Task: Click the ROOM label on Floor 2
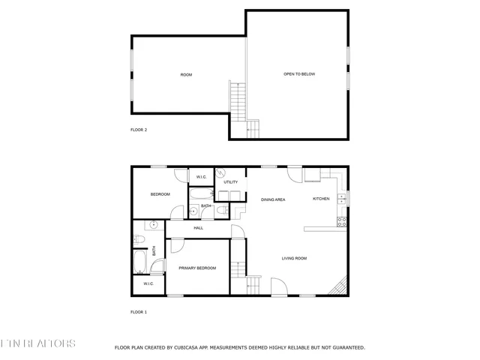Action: click(x=187, y=74)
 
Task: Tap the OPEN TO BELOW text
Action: click(x=298, y=74)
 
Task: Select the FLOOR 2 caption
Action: click(x=139, y=130)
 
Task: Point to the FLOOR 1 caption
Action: click(x=139, y=311)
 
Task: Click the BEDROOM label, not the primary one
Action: click(x=160, y=194)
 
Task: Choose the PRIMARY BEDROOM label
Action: click(x=197, y=268)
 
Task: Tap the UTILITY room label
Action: click(x=231, y=182)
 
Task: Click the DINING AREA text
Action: click(x=273, y=199)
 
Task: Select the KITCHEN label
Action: click(x=321, y=199)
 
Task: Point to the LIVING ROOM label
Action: click(x=294, y=259)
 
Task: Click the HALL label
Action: click(x=199, y=228)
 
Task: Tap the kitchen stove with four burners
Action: click(x=342, y=221)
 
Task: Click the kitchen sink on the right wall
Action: click(x=342, y=198)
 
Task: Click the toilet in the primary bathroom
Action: click(x=139, y=239)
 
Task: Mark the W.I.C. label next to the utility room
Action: click(x=201, y=177)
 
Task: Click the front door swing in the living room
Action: click(x=277, y=286)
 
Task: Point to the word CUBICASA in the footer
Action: click(x=190, y=347)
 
